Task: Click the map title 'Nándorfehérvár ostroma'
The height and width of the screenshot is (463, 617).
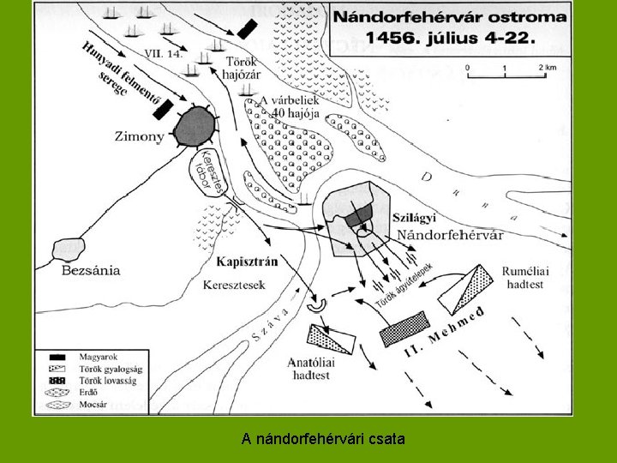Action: tap(449, 17)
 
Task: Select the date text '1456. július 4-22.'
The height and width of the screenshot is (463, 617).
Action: tap(451, 37)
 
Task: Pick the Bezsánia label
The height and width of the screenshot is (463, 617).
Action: tap(91, 270)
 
